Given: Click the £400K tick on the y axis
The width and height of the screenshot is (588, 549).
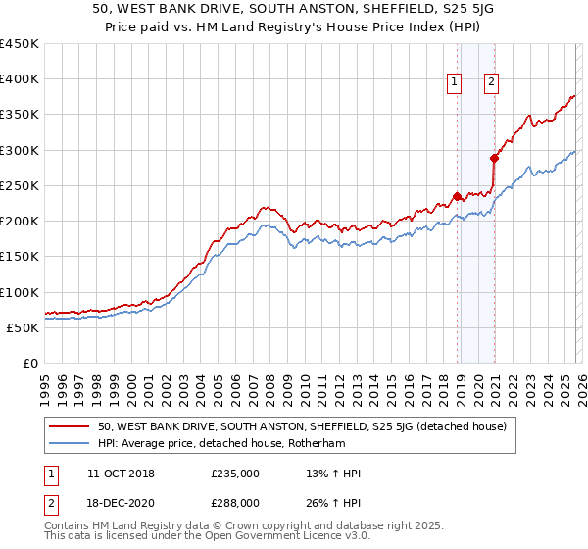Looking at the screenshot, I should (x=20, y=79).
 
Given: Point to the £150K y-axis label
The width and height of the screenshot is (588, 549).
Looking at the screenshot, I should (x=20, y=257).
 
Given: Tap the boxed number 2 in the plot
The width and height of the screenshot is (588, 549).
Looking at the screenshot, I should (x=490, y=82).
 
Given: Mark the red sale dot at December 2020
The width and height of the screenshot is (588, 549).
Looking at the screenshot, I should (x=495, y=158).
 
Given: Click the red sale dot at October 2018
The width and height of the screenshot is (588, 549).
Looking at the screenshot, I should (x=457, y=195).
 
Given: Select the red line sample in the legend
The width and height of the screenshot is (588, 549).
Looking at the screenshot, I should (x=71, y=426).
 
